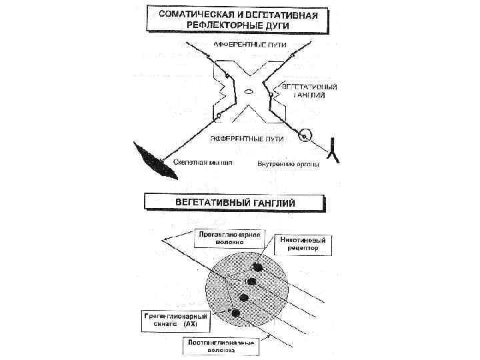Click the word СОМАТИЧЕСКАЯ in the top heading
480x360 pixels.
pos(191,14)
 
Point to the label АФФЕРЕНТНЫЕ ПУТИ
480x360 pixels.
pos(250,45)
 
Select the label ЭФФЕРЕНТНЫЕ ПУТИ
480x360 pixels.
pos(247,139)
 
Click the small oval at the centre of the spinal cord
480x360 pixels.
pos(248,92)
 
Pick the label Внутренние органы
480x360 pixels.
pos(288,163)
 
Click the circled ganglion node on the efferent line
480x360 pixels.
pos(305,136)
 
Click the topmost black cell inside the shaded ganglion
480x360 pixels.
pos(259,267)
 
